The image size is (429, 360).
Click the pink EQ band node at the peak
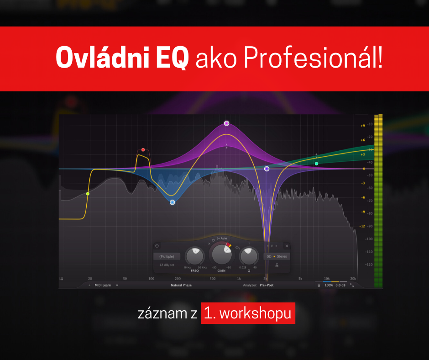226,123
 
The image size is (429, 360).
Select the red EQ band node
143,150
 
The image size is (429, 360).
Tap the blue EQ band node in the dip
172,202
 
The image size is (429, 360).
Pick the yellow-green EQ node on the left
88,194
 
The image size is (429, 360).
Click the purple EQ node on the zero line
267,169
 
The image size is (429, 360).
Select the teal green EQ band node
316,163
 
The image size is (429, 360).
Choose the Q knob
249,256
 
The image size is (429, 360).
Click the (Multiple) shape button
167,256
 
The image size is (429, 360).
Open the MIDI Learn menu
103,285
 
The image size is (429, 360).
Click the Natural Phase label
181,285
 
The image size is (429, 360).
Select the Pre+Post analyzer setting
267,285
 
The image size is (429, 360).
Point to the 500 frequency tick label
212,278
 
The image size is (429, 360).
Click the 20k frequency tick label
353,278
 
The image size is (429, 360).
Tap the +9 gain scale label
362,126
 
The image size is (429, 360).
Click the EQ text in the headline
173,59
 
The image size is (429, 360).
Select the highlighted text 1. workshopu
248,313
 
